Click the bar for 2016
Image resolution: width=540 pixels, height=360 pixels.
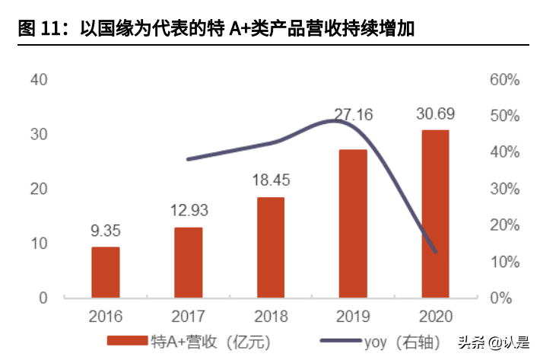106,272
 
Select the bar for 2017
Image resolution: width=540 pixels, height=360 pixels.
189,262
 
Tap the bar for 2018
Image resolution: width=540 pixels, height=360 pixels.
271,247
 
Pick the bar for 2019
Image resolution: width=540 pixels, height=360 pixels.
353,223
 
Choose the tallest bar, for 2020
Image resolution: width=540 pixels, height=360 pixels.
435,213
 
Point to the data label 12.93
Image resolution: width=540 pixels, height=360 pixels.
189,210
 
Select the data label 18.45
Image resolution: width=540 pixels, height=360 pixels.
271,180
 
